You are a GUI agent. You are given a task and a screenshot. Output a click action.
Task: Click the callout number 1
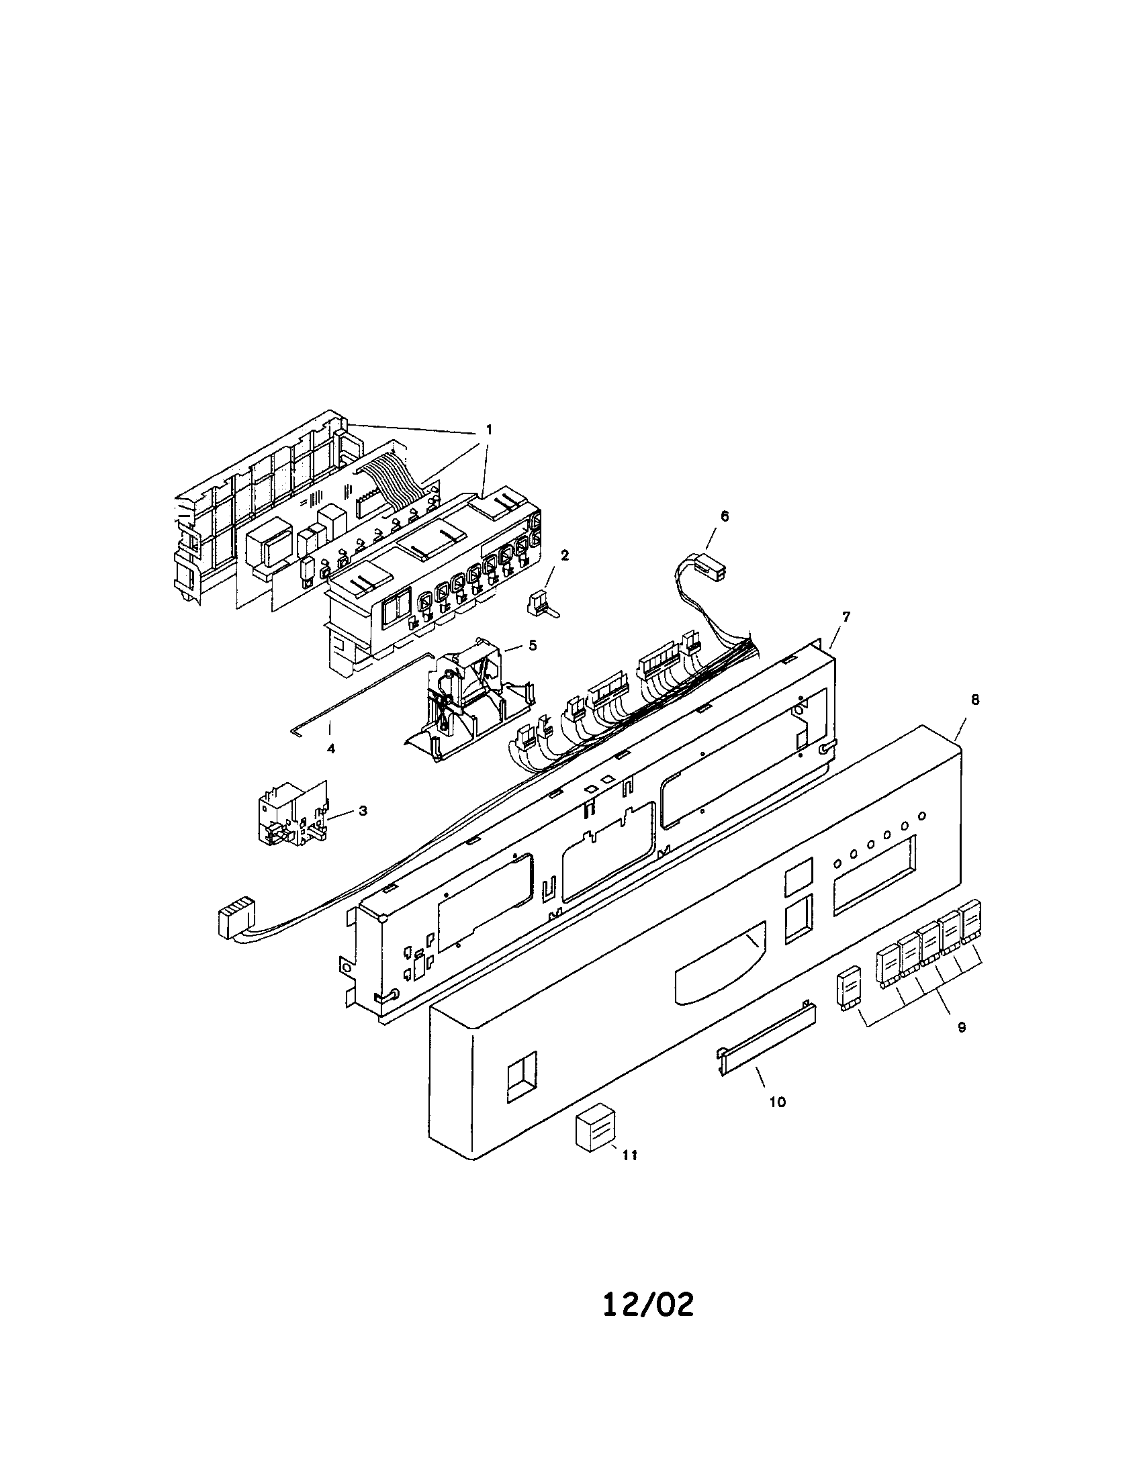(489, 429)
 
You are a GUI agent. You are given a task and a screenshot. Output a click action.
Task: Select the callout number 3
(363, 810)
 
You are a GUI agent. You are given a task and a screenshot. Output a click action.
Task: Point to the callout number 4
(330, 749)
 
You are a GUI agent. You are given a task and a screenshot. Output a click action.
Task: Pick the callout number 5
(533, 645)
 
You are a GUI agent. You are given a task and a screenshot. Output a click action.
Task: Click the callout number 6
(725, 516)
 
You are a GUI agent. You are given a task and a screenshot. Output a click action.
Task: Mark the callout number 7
(846, 616)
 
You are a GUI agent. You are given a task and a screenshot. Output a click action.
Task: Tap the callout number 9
(962, 1027)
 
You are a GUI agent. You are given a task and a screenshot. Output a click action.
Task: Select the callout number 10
(778, 1102)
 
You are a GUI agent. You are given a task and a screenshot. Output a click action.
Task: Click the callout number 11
(629, 1156)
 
